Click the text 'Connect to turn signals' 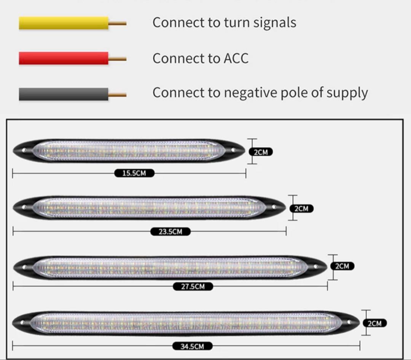tap(224, 22)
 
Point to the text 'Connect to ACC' tap(200, 58)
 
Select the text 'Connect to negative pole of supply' tap(260, 93)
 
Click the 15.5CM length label tap(134, 173)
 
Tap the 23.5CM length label tap(170, 232)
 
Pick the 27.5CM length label tap(193, 287)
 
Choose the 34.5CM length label tap(193, 346)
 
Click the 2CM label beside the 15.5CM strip tap(261, 152)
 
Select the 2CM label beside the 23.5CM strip tap(301, 208)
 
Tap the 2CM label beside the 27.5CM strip tap(342, 266)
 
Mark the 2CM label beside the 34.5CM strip tap(374, 324)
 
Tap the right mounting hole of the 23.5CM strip tap(274, 207)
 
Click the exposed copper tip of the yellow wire tap(118, 24)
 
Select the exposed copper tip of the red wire tap(118, 59)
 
